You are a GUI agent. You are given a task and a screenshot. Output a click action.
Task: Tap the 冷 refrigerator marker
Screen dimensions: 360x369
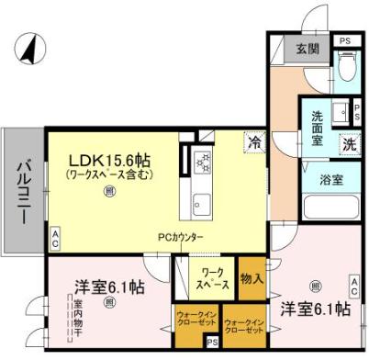pos(253,142)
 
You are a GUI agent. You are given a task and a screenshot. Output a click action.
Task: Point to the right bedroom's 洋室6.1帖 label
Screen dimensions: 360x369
pos(314,309)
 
